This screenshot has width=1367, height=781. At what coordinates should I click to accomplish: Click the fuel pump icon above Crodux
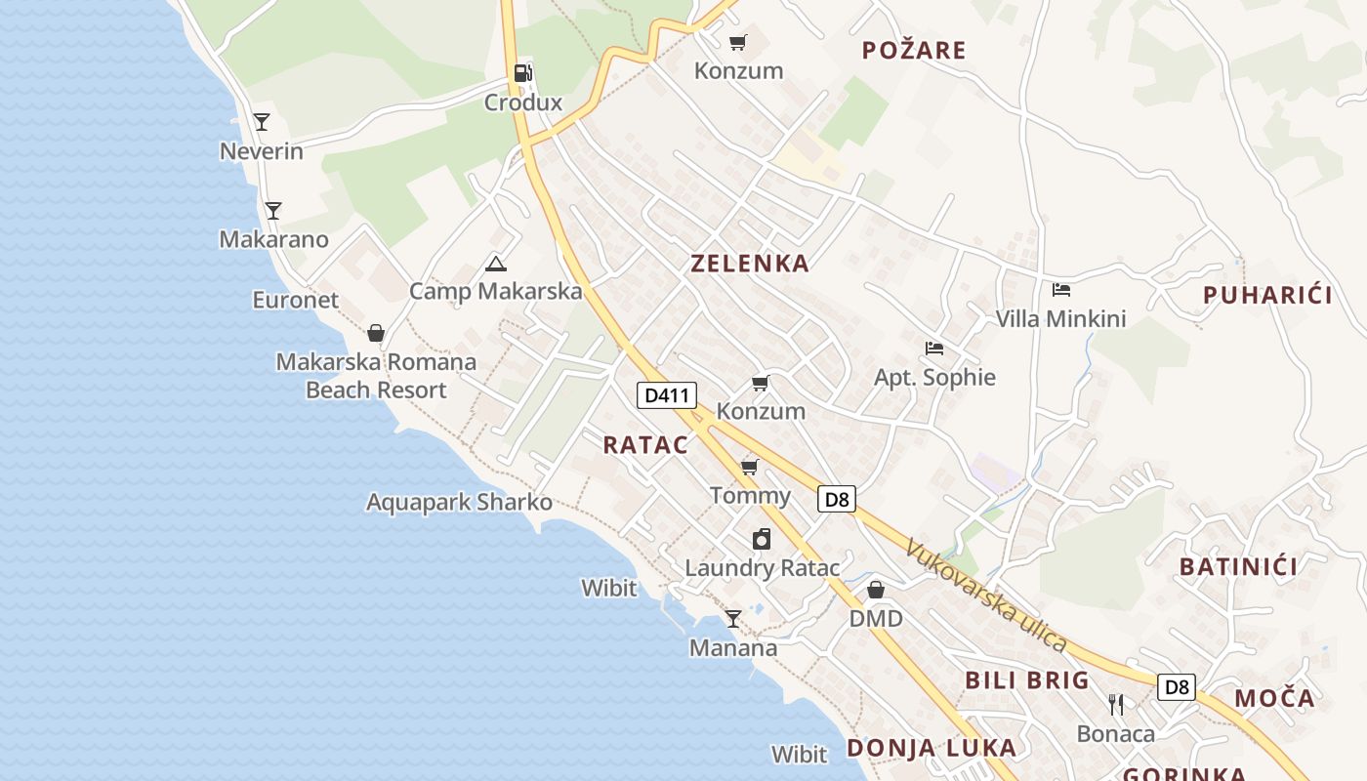(523, 72)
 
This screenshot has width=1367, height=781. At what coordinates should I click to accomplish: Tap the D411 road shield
(667, 395)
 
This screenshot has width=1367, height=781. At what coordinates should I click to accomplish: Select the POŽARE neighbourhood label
(914, 51)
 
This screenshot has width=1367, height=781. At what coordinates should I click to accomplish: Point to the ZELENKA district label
(750, 264)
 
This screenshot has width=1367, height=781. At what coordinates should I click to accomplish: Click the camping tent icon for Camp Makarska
(496, 264)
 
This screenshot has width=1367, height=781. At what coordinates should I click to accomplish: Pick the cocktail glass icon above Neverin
(262, 122)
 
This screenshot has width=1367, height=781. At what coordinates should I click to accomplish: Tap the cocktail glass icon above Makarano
(273, 210)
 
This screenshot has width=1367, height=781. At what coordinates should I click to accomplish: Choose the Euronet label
(295, 300)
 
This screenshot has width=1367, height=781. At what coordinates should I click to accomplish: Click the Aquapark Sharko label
(459, 503)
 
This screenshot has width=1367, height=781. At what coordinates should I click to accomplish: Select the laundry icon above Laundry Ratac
(762, 539)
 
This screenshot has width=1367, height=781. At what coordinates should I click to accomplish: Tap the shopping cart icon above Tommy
(750, 467)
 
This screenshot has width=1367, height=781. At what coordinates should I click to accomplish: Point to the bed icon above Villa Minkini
(1061, 290)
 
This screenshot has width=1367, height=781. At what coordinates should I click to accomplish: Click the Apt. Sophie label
(934, 378)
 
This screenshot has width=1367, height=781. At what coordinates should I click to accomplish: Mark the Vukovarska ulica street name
(986, 596)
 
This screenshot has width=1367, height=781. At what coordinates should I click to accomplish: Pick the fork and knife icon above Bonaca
(1116, 704)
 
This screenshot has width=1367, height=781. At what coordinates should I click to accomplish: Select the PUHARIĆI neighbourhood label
(1267, 296)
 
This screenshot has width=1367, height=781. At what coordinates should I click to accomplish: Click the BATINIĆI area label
(1238, 567)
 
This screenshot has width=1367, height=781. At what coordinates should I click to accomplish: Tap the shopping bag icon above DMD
(876, 590)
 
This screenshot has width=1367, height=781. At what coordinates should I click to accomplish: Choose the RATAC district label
(645, 445)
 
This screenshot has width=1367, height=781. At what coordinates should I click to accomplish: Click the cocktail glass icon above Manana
(732, 618)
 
